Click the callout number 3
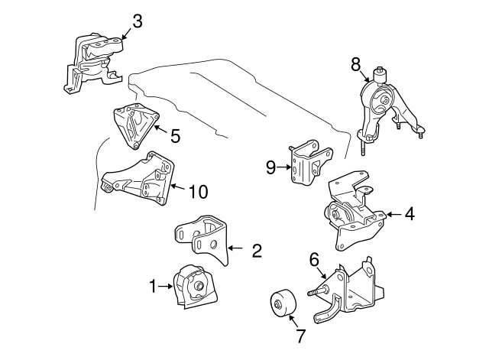coord(138,21)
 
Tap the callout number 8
coord(355,64)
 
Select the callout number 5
coord(175,136)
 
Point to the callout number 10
coord(198,192)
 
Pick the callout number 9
coord(271,167)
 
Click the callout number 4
coord(410,214)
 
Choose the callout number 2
coord(257,251)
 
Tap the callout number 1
coord(153,287)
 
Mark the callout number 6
coord(314,259)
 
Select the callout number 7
coord(300,336)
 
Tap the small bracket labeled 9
coord(309,162)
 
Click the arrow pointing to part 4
coord(393,214)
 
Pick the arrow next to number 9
coord(284,167)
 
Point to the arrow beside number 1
coord(165,286)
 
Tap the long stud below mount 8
coord(364,147)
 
